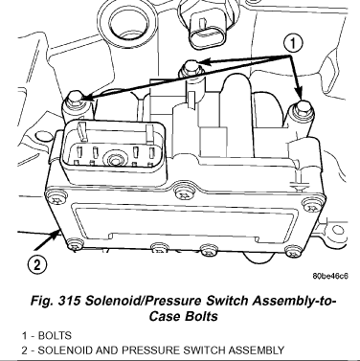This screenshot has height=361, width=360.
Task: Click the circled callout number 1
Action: (x=293, y=44)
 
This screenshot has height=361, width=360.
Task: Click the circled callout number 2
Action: (x=37, y=264)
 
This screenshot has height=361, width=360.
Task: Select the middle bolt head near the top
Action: (x=191, y=67)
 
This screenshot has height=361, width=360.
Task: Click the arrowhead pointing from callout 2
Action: (x=56, y=236)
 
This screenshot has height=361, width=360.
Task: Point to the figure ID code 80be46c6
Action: (x=330, y=276)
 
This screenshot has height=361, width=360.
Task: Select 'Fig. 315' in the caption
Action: (x=55, y=301)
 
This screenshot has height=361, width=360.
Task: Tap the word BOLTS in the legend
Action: (x=55, y=336)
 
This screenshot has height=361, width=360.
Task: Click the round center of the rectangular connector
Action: (x=113, y=158)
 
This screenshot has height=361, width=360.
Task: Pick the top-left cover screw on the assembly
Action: (x=57, y=198)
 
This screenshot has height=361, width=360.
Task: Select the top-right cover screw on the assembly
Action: (x=311, y=205)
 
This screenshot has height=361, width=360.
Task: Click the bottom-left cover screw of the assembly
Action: (x=76, y=245)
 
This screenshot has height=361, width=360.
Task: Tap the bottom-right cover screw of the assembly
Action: (x=293, y=251)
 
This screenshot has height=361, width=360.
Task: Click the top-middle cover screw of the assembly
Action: (x=184, y=193)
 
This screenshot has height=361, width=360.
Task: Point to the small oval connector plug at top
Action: (x=207, y=32)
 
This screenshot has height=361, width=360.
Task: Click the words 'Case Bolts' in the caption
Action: (x=184, y=316)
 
